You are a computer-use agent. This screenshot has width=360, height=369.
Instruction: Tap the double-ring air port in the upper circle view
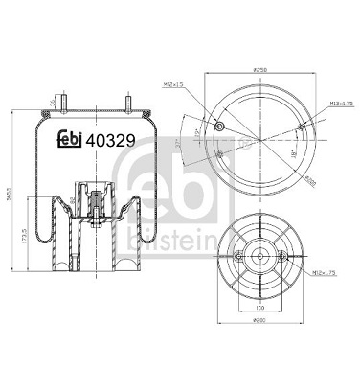point(221,127)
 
